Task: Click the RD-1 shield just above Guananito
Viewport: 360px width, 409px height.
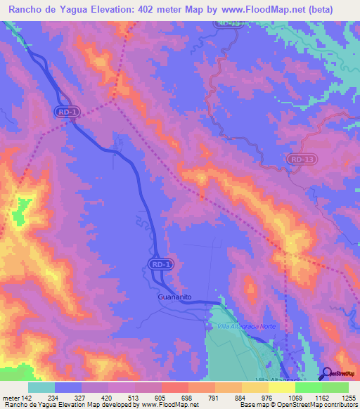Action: (161, 264)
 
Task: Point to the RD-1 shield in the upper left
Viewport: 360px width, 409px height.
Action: (65, 112)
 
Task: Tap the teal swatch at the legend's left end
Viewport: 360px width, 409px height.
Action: (41, 387)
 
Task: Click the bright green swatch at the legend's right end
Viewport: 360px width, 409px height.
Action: (335, 387)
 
